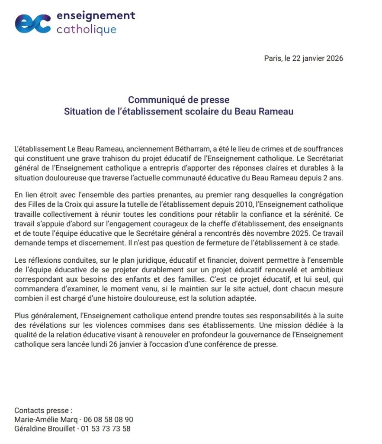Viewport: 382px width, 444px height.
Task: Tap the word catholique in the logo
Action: click(86, 29)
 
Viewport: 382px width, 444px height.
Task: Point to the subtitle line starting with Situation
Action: click(179, 111)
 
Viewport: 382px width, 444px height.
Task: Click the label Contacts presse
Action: click(43, 410)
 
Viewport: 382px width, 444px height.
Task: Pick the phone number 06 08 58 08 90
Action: click(108, 419)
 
